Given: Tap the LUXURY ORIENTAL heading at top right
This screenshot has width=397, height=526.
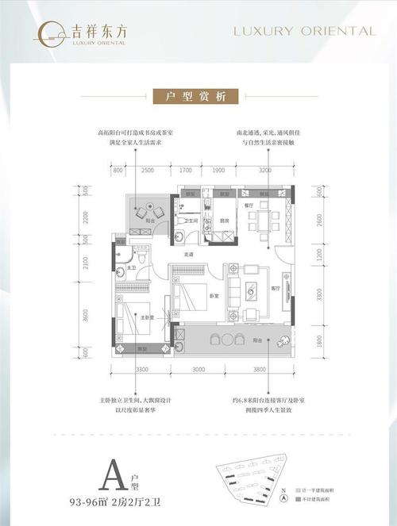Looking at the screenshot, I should click(303, 31).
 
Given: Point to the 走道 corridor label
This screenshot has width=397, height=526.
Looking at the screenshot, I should click(189, 255).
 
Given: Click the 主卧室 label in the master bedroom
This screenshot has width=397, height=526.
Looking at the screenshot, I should click(145, 317).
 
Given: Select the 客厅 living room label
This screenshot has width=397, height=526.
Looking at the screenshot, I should click(275, 290).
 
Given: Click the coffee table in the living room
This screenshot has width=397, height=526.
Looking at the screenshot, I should click(252, 292).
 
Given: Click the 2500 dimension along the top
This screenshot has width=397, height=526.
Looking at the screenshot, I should click(148, 170).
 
